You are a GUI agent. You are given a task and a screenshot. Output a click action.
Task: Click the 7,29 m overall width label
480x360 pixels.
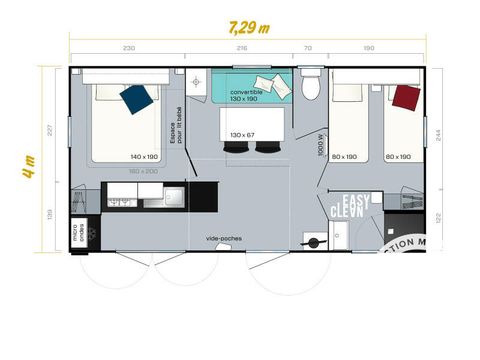(249, 27)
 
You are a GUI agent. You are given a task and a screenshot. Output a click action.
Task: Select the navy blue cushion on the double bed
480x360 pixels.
(136, 97)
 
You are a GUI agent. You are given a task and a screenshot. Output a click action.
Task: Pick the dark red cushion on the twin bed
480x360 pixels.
(405, 98)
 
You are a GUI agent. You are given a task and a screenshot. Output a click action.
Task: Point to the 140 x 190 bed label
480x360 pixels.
(144, 157)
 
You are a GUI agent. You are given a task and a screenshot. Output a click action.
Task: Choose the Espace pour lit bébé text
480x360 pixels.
(178, 125)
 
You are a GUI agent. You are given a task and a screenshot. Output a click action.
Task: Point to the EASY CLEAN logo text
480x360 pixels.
(350, 206)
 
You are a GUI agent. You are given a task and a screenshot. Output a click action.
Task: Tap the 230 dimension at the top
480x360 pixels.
(128, 48)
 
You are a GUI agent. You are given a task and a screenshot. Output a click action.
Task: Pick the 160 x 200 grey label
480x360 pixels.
(143, 170)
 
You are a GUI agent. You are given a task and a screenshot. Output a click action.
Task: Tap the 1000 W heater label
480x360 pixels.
(321, 146)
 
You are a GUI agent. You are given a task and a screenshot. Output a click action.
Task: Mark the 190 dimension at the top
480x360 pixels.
(368, 48)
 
